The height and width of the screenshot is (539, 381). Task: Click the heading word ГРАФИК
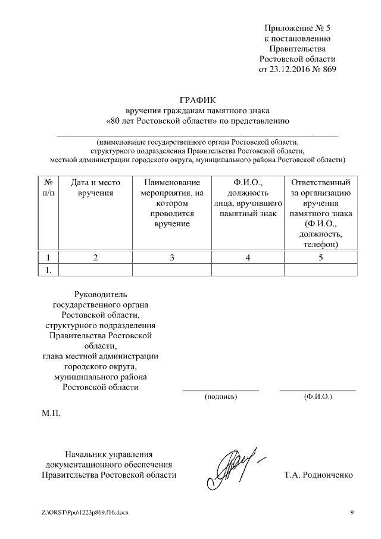tap(198, 99)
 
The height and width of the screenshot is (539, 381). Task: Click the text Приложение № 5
tap(296, 28)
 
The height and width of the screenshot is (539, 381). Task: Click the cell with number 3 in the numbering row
tap(172, 257)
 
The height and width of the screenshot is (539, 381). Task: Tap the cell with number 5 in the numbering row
tap(321, 257)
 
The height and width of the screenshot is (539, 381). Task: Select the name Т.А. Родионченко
tap(319, 475)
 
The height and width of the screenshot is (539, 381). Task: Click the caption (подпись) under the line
tap(220, 396)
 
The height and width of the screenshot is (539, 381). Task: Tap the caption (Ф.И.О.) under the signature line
tap(318, 396)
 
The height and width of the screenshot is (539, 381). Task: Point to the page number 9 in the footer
tap(352, 512)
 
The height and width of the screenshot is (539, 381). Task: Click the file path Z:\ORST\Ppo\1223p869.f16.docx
tap(85, 512)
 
